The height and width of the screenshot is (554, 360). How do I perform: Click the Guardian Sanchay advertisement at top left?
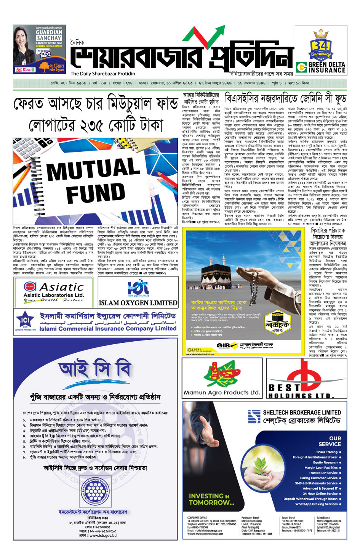[x=38, y=50]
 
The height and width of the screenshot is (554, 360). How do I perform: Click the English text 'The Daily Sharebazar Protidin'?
[x=103, y=74]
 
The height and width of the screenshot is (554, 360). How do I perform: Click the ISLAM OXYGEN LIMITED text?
[x=138, y=303]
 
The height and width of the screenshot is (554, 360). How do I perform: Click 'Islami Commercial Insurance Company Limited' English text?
[x=108, y=328]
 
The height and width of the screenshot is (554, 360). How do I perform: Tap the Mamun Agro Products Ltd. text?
[x=222, y=392]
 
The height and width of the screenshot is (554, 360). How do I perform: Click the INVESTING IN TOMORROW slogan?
[x=211, y=499]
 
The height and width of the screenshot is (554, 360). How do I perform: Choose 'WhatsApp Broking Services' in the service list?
[x=316, y=504]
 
